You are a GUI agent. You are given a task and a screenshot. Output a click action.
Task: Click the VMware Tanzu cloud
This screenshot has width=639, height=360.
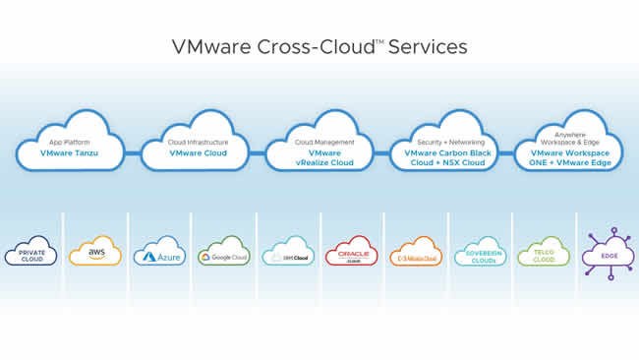tap(70, 148)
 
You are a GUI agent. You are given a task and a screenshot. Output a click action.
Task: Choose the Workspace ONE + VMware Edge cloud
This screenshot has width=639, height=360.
tap(568, 148)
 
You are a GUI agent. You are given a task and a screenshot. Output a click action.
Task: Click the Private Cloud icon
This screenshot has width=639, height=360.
tap(31, 253)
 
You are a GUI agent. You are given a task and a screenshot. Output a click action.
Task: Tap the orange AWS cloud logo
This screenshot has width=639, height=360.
tap(95, 253)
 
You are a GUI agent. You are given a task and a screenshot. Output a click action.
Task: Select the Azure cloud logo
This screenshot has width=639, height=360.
tap(159, 253)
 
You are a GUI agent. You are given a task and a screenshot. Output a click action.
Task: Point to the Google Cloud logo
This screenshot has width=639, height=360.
tap(223, 253)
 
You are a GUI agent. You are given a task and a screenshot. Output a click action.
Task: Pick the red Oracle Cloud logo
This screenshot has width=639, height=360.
tap(351, 253)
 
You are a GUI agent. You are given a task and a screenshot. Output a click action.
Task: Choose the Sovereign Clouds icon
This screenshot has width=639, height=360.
tap(479, 253)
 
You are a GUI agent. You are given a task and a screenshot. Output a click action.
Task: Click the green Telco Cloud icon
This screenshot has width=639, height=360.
tap(543, 253)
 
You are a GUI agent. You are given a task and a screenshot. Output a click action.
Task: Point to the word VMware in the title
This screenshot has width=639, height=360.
tap(210, 46)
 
